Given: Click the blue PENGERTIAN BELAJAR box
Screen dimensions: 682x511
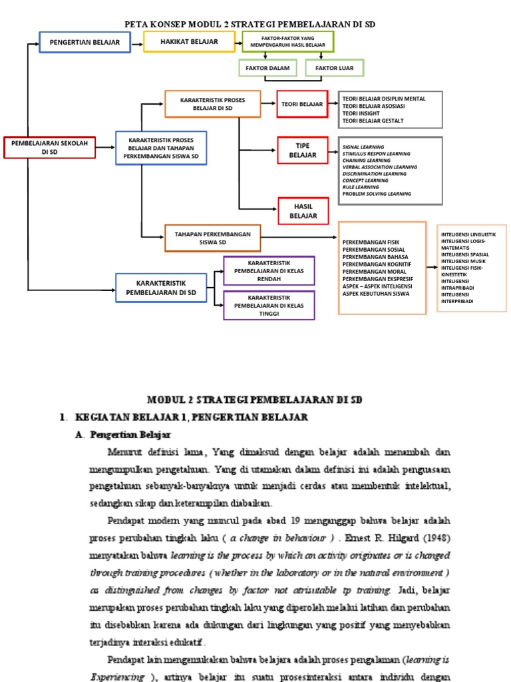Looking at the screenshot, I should [x=85, y=42].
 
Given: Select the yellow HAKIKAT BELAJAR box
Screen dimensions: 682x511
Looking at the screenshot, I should [x=189, y=41].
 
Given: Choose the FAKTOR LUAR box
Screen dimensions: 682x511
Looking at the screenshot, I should [x=334, y=68].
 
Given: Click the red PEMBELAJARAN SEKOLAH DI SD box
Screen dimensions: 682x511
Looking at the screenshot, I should [x=50, y=147].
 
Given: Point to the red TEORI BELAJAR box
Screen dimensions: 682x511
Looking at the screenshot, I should [x=302, y=104].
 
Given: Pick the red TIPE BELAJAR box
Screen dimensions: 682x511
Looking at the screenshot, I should [x=303, y=151].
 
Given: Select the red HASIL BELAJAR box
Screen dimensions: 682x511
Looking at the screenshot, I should [x=303, y=211].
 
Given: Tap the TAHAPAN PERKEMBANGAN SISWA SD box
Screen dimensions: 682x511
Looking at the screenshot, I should [x=212, y=238].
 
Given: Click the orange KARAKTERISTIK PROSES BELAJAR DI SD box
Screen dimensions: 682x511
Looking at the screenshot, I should [x=212, y=104].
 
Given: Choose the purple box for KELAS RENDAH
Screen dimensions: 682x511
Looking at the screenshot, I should [x=269, y=270].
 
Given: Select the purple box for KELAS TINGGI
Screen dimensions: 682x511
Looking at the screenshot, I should [x=269, y=305].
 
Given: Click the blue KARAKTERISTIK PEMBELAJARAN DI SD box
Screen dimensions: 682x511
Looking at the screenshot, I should [x=161, y=288].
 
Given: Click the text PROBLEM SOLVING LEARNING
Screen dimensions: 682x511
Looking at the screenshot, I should [x=377, y=194].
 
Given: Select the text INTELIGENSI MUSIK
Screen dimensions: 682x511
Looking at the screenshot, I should [x=463, y=261].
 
